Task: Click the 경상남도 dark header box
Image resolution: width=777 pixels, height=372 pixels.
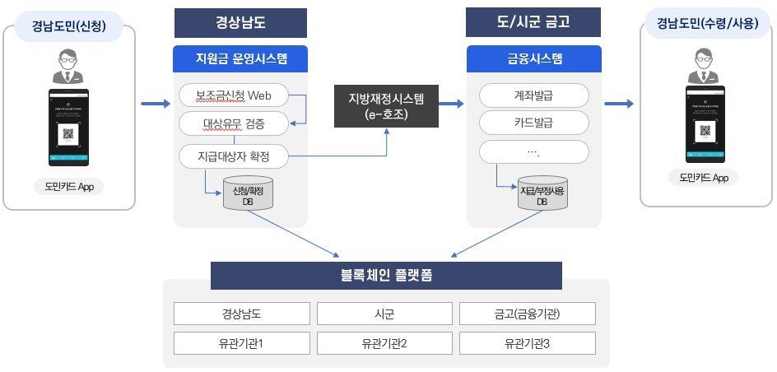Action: click(240, 23)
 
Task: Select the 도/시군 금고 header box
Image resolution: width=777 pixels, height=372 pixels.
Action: click(533, 23)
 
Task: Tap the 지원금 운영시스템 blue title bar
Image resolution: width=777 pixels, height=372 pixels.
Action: click(240, 59)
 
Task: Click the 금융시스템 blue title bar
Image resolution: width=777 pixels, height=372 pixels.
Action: click(533, 59)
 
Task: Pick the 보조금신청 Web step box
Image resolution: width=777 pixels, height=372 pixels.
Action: click(234, 95)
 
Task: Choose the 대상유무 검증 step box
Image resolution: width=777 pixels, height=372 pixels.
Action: click(234, 124)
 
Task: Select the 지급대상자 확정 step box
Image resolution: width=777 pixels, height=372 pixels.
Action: click(234, 155)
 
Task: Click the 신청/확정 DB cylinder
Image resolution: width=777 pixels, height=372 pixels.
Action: click(249, 194)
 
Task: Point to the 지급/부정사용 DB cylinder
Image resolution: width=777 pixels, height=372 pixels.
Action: click(542, 194)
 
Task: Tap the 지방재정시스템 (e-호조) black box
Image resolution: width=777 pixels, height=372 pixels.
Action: click(386, 106)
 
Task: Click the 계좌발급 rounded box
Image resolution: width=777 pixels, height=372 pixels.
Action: click(533, 95)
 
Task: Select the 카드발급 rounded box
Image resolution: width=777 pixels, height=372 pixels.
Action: click(533, 123)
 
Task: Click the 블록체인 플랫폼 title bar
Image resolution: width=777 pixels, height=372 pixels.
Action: click(386, 276)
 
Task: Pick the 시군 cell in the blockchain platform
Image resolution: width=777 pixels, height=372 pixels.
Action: click(384, 314)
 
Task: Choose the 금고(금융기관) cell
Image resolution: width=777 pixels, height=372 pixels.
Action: click(527, 314)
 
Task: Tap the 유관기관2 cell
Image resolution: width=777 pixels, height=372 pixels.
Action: click(384, 342)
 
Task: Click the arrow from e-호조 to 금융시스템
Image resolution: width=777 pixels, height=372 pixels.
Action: click(450, 104)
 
